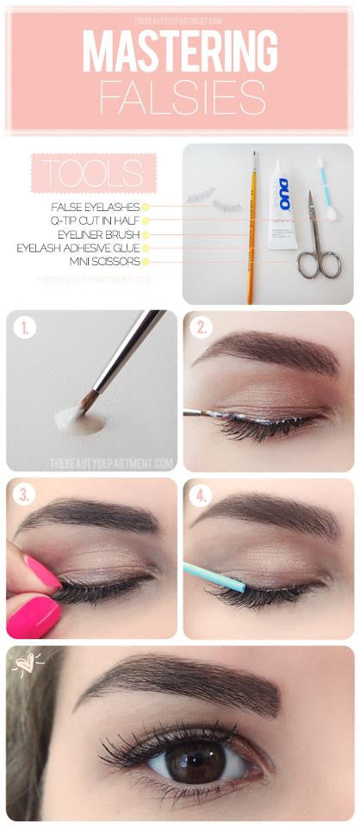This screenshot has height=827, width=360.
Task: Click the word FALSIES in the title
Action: (181, 97)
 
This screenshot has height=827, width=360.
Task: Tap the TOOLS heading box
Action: (92, 173)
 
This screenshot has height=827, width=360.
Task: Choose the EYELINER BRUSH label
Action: (102, 233)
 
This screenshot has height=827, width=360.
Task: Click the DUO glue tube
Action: (282, 204)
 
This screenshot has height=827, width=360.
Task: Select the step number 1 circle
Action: (26, 328)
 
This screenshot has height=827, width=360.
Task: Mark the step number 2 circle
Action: (202, 328)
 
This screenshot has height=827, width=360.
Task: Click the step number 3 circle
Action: (24, 494)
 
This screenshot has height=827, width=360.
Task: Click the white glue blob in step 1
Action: (80, 421)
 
